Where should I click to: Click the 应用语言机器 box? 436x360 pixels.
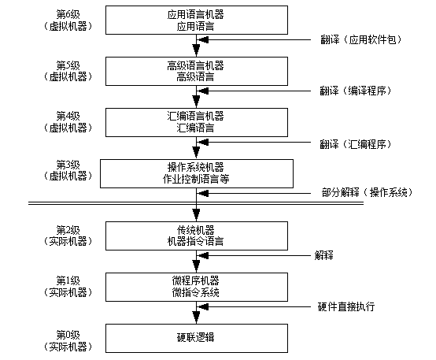[x=197, y=20]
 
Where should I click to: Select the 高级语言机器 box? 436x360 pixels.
[x=197, y=71]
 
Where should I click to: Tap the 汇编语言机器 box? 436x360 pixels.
[x=197, y=123]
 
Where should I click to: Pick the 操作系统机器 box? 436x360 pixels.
[x=197, y=174]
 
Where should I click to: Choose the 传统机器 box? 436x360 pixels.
[x=197, y=236]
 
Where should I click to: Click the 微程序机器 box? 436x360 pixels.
[x=197, y=287]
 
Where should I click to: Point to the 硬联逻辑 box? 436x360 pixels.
[x=197, y=338]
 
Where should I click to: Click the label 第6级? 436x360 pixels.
[x=68, y=14]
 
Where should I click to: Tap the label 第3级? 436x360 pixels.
[x=68, y=165]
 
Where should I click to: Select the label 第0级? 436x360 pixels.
[x=68, y=335]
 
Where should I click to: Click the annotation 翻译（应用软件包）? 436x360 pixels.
[x=361, y=40]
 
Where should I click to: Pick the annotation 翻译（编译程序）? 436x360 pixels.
[x=356, y=91]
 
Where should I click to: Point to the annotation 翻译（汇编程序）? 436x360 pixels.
[x=356, y=144]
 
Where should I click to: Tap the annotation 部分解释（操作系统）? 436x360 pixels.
[x=367, y=192]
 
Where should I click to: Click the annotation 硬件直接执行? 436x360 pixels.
[x=346, y=306]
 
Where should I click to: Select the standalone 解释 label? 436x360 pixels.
[x=324, y=255]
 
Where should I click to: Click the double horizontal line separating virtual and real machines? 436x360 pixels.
[x=196, y=203]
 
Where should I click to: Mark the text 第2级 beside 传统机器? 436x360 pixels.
[x=68, y=230]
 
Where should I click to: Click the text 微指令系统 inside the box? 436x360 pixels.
[x=196, y=292]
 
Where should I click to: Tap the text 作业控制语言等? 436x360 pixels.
[x=196, y=179]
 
